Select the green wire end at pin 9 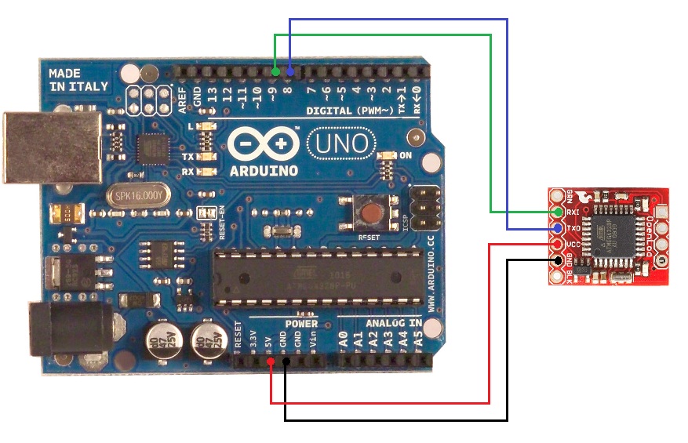coord(275,72)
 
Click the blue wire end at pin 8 coord(289,72)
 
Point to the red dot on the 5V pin coord(271,361)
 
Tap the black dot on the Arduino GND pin coord(285,361)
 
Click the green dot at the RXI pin coord(558,212)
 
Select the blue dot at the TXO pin coord(558,228)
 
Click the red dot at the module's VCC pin coord(558,244)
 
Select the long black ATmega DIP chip coord(318,276)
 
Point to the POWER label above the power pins coord(300,323)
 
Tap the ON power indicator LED coord(388,156)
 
